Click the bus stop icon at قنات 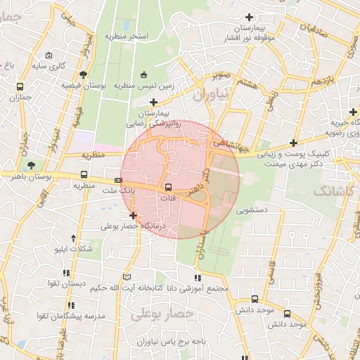pyautogui.click(x=168, y=187)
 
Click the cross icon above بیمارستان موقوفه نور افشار pyautogui.click(x=248, y=17)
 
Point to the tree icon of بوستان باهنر pyautogui.click(x=31, y=166)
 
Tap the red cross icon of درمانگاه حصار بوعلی pyautogui.click(x=133, y=214)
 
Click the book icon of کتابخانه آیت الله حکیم pyautogui.click(x=126, y=276)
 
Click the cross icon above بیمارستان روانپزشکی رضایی pyautogui.click(x=153, y=103)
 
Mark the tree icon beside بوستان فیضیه pyautogui.click(x=84, y=74)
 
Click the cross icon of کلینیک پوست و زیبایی pyautogui.click(x=293, y=143)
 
